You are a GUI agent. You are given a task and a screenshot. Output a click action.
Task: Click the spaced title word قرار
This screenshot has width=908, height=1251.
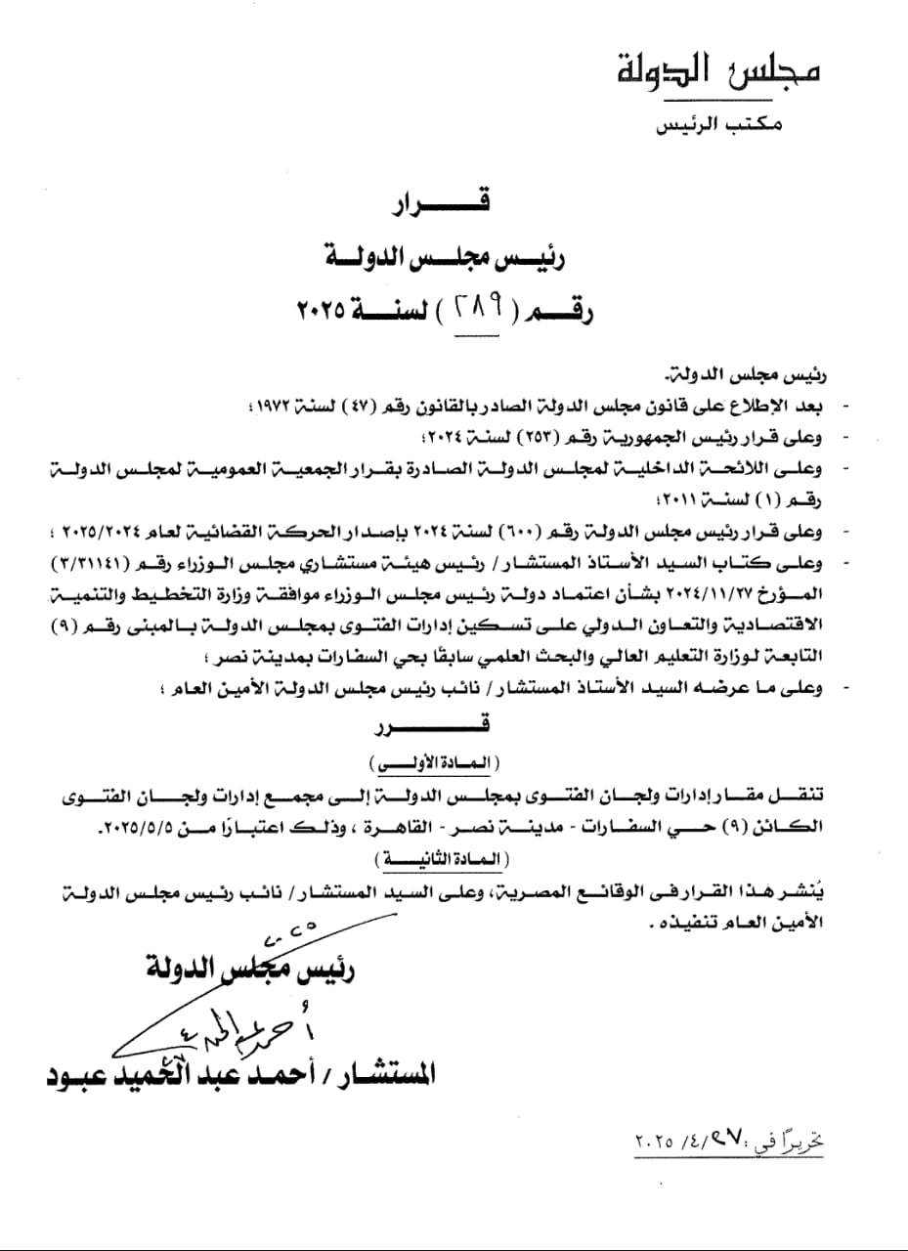444,206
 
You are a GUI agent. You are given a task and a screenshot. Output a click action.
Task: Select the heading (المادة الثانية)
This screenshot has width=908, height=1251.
431,859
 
